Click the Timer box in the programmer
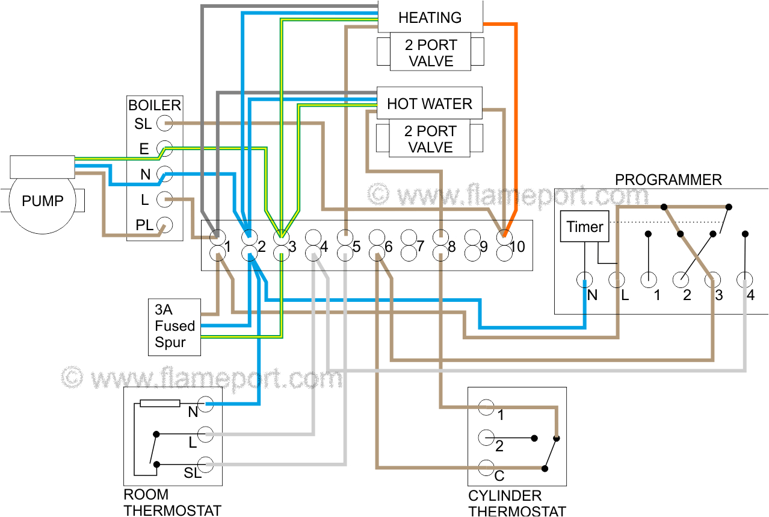584,227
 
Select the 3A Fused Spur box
174,327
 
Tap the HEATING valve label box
430,17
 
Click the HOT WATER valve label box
429,104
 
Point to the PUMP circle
42,201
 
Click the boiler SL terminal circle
164,124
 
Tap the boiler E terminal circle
164,149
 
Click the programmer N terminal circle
584,280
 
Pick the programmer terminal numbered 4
745,280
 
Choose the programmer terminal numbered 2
681,280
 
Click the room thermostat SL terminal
206,465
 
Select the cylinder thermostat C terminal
486,468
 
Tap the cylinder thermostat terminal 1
486,408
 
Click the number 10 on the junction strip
518,246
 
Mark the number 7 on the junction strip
421,246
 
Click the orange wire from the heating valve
516,121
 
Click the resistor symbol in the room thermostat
159,403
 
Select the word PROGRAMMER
668,180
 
